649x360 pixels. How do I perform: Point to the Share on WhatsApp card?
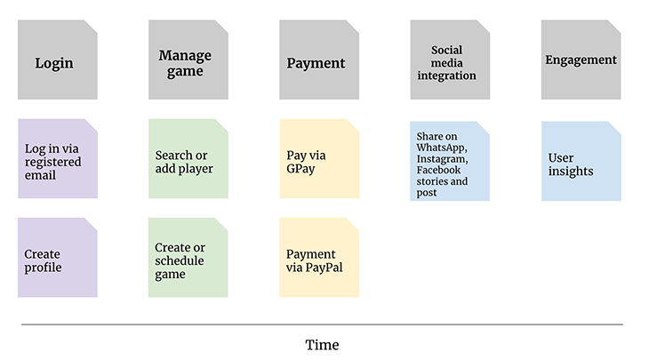(x=449, y=161)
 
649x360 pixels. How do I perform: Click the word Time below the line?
(x=322, y=345)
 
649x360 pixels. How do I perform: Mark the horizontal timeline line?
(x=322, y=324)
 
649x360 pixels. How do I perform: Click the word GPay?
(x=301, y=168)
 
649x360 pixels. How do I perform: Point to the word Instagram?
(x=441, y=158)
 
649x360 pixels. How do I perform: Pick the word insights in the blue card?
(x=571, y=171)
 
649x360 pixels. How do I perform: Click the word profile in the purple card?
(x=43, y=268)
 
